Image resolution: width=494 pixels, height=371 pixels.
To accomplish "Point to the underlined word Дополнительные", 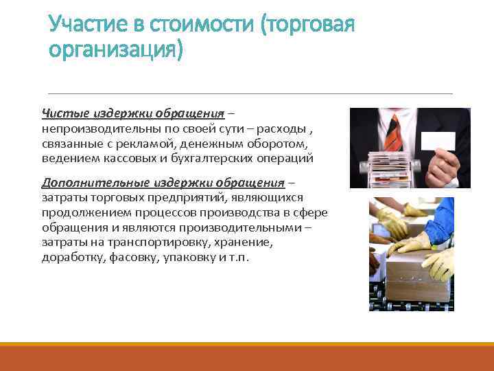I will coord(87,183).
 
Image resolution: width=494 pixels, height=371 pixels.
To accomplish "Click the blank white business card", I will coord(438,139).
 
